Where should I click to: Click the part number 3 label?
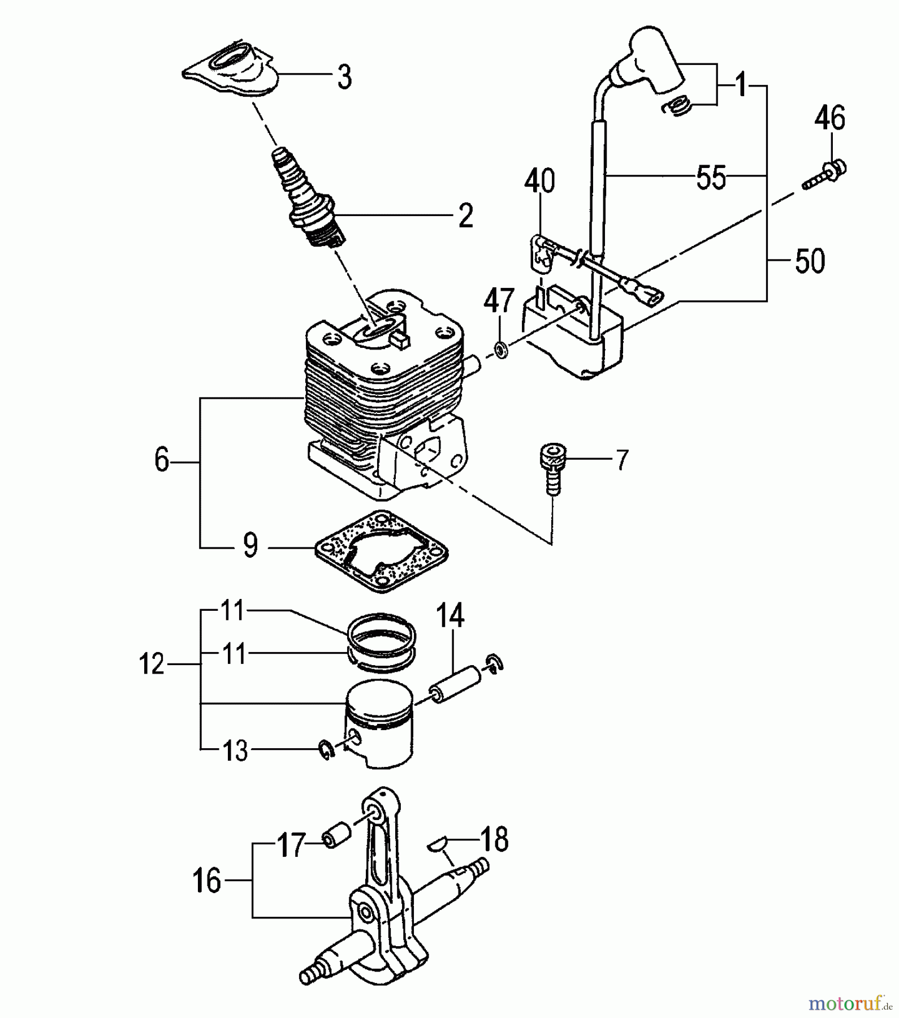pos(344,77)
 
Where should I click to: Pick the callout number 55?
pos(711,178)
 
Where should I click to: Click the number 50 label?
pos(810,261)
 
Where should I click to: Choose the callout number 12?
pos(152,663)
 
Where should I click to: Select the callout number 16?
pos(207,881)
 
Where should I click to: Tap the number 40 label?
pos(539,182)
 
